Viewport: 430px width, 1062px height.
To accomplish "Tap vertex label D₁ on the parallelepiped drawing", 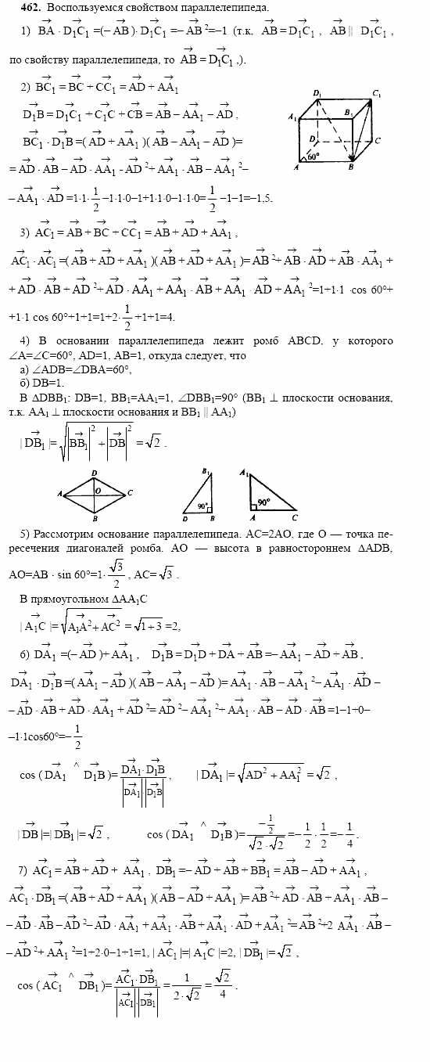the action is click(x=318, y=93).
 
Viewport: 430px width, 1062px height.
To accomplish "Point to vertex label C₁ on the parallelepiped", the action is click(x=377, y=94).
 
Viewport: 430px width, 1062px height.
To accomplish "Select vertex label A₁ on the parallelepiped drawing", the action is click(x=291, y=117).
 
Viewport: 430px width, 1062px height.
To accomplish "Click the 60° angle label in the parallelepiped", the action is click(x=314, y=157).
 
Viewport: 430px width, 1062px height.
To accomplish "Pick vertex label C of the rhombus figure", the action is click(x=130, y=493).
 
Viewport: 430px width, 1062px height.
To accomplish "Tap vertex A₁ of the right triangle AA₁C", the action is click(x=245, y=473).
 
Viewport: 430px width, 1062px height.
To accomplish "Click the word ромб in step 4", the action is click(x=268, y=341).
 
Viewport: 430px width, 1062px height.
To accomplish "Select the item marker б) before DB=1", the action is click(x=25, y=381).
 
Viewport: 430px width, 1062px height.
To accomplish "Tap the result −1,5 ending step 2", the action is click(x=260, y=199).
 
